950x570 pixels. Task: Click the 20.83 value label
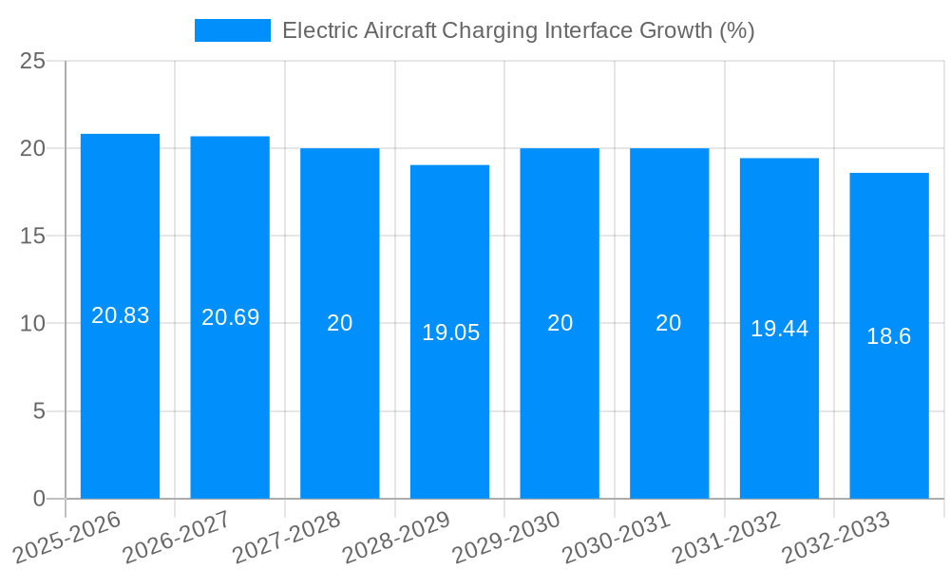click(x=120, y=315)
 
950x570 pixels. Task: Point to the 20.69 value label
click(x=230, y=317)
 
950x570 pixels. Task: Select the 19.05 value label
click(x=450, y=332)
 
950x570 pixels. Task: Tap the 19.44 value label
click(x=779, y=329)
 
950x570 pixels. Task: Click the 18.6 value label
click(x=889, y=336)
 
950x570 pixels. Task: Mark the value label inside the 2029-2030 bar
click(x=560, y=323)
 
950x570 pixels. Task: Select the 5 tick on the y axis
click(x=39, y=411)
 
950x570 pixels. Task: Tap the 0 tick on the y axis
click(x=39, y=499)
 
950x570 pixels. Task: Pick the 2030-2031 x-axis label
click(x=615, y=538)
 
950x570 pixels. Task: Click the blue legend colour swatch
click(x=232, y=30)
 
